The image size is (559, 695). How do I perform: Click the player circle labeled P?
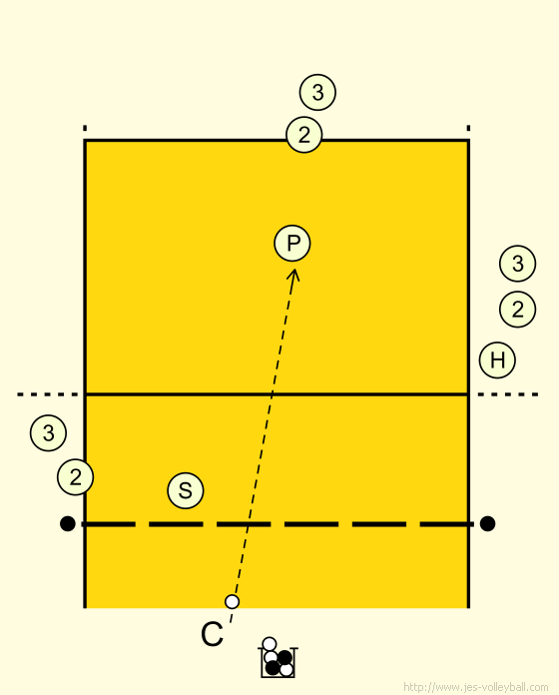tap(292, 244)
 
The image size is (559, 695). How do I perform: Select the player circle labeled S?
tap(186, 490)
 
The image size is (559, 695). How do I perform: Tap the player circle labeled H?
tap(497, 359)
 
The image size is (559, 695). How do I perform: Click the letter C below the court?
tap(213, 634)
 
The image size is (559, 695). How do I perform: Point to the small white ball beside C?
tap(233, 601)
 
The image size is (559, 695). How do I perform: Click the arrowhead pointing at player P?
tap(293, 274)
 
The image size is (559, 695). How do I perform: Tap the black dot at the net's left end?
tap(67, 523)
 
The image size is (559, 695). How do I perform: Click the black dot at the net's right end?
tap(487, 523)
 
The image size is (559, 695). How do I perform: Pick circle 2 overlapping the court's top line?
tap(304, 135)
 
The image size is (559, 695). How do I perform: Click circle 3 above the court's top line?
tap(317, 92)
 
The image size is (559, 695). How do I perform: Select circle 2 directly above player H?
tap(517, 309)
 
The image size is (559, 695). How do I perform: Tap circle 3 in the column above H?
tap(517, 264)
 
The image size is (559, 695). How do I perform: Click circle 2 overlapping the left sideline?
tap(75, 477)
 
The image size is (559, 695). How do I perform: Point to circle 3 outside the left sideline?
tap(48, 432)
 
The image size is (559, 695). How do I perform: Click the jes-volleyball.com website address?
tap(476, 687)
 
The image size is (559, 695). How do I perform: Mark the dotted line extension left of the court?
tap(48, 394)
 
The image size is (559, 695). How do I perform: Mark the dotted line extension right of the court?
tap(508, 394)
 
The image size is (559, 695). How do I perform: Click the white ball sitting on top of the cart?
tap(270, 644)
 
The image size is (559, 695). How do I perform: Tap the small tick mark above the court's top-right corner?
tap(468, 129)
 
